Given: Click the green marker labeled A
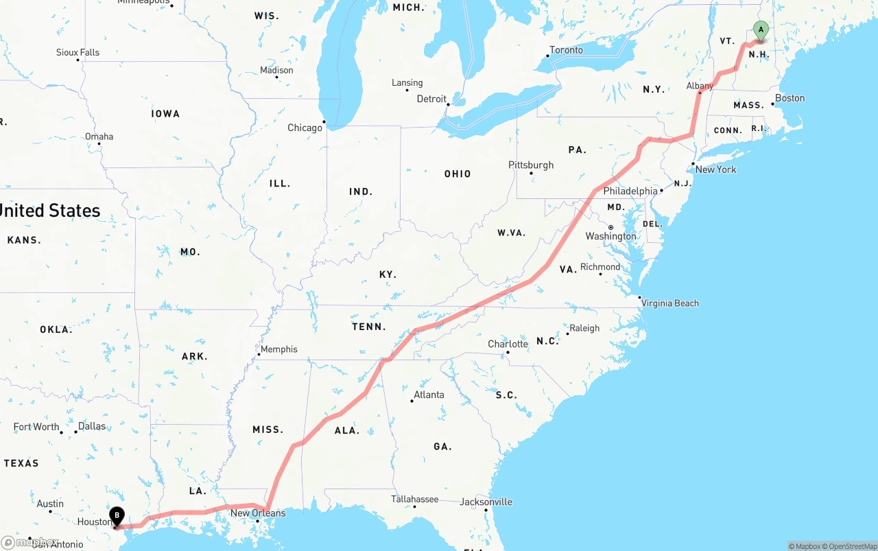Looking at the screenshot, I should [761, 30].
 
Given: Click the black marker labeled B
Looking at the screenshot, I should [117, 515].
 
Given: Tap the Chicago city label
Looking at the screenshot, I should [305, 128].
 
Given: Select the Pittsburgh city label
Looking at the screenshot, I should [531, 165].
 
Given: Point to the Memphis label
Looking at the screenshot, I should [278, 349].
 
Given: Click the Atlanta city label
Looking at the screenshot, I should [429, 395].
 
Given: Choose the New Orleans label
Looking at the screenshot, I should [258, 513].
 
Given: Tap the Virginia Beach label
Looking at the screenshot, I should [670, 303].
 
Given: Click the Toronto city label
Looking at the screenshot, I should [567, 50].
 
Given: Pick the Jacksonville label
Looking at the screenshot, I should [486, 502].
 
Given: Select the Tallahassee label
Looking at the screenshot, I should [414, 499].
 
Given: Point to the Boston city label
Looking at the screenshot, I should [790, 98].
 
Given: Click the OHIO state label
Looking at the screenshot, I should [458, 174].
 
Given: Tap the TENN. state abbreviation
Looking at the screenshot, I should [369, 327].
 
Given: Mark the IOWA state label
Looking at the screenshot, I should [166, 114].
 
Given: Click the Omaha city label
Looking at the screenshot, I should [99, 137].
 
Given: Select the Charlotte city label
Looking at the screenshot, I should [508, 344].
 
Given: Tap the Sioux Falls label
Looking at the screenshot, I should [78, 52].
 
